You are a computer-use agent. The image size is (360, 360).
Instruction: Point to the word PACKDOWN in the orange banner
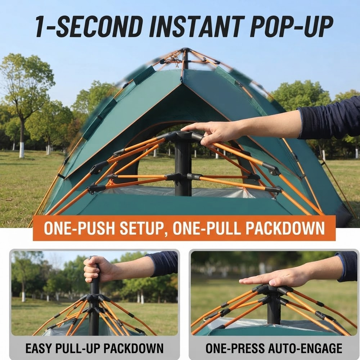click(285, 228)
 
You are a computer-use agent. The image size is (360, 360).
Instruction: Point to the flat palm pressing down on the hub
click(275, 278)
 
